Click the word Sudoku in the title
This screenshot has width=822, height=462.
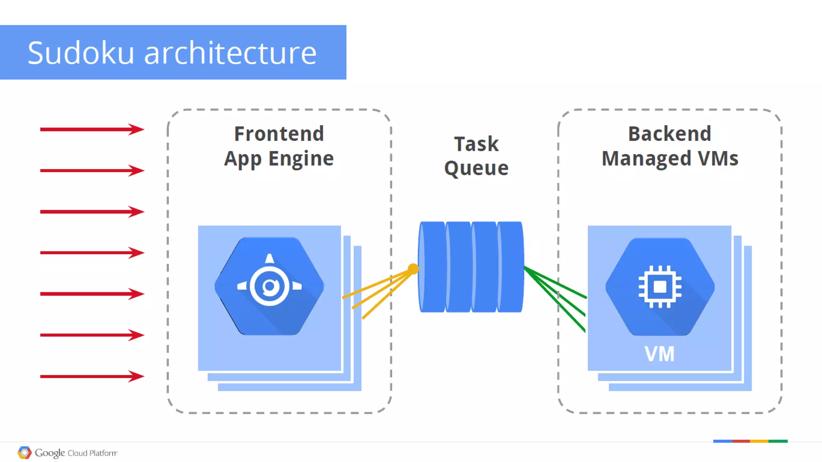(x=81, y=53)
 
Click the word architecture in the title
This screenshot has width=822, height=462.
(x=230, y=53)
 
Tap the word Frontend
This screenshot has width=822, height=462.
(x=279, y=134)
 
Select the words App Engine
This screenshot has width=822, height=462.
(x=279, y=159)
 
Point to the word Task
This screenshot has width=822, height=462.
(x=476, y=144)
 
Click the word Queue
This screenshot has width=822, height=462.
(x=476, y=168)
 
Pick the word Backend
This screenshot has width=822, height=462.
(x=669, y=134)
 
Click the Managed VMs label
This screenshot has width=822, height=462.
(x=670, y=158)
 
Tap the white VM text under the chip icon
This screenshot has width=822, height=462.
(x=659, y=354)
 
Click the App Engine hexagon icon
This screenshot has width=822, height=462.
(x=269, y=286)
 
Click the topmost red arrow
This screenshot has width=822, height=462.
(x=92, y=129)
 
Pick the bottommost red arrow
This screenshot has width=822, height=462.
(x=92, y=376)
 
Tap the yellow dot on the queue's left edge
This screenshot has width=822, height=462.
(x=413, y=269)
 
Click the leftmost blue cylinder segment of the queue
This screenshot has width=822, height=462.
(x=432, y=267)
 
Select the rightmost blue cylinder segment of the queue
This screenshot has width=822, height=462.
(x=510, y=267)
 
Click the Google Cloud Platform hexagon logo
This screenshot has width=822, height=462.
(x=24, y=453)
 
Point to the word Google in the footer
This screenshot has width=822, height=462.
(x=50, y=453)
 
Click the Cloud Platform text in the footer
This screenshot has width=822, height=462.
(x=92, y=453)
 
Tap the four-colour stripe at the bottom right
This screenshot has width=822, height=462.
(x=750, y=441)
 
